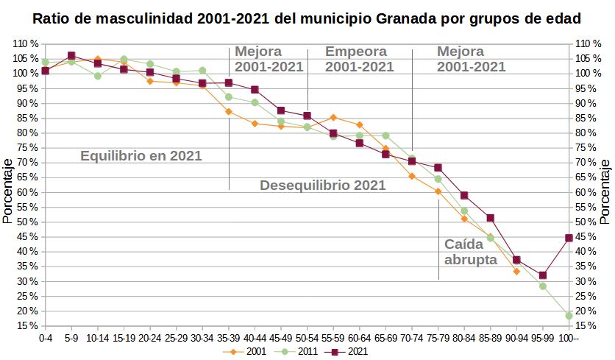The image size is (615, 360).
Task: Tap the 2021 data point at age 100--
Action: (569, 238)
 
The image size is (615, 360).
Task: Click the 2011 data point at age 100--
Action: (569, 316)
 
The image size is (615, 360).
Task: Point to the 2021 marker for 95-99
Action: (543, 275)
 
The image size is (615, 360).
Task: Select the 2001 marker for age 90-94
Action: (516, 272)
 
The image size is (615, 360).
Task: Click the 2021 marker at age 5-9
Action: (71, 56)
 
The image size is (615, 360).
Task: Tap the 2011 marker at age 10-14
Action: (97, 76)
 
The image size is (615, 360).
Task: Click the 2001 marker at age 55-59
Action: (333, 117)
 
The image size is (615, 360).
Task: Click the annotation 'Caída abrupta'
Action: (471, 252)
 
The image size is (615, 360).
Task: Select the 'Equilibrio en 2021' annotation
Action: (141, 156)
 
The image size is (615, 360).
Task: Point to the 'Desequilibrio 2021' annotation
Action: (322, 186)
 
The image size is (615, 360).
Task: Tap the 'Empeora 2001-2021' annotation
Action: (359, 59)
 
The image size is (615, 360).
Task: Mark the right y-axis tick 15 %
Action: (586, 326)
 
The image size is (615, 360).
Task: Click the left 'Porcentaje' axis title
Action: (7, 191)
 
